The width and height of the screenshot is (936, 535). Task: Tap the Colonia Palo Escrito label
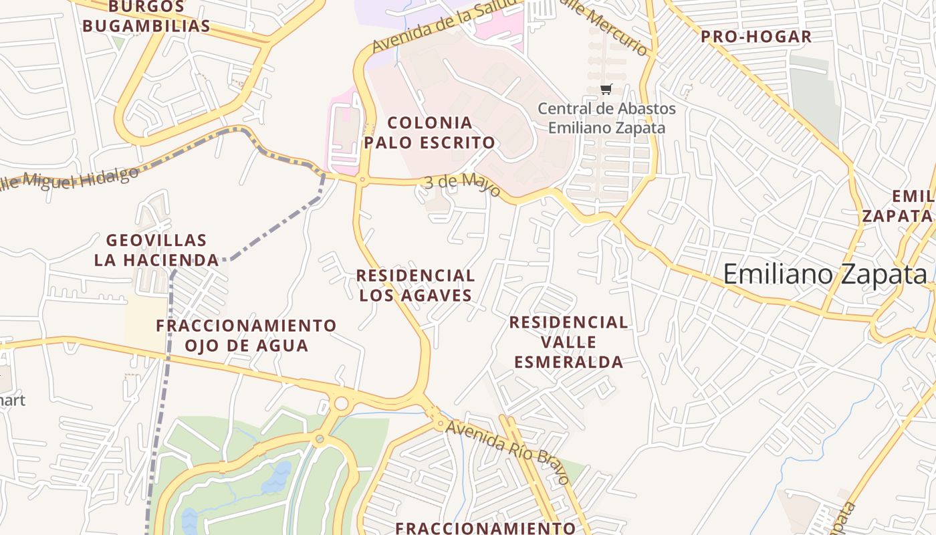pyautogui.click(x=430, y=132)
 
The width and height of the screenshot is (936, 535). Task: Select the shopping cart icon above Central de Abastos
pyautogui.click(x=606, y=90)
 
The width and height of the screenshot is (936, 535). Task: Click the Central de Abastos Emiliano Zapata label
pyautogui.click(x=606, y=118)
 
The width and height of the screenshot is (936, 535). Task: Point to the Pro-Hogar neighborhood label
pyautogui.click(x=756, y=37)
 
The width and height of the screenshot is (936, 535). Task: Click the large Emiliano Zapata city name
pyautogui.click(x=826, y=275)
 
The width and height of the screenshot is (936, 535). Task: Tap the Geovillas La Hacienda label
pyautogui.click(x=156, y=250)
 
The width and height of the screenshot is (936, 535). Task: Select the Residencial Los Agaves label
pyautogui.click(x=415, y=285)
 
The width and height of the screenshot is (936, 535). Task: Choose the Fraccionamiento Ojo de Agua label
pyautogui.click(x=246, y=336)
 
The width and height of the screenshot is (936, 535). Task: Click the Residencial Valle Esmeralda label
pyautogui.click(x=568, y=342)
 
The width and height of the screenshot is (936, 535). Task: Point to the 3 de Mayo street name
pyautogui.click(x=462, y=185)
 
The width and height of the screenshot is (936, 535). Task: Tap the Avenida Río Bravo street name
pyautogui.click(x=508, y=451)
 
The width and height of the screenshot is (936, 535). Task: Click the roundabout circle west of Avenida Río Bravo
pyautogui.click(x=341, y=403)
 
